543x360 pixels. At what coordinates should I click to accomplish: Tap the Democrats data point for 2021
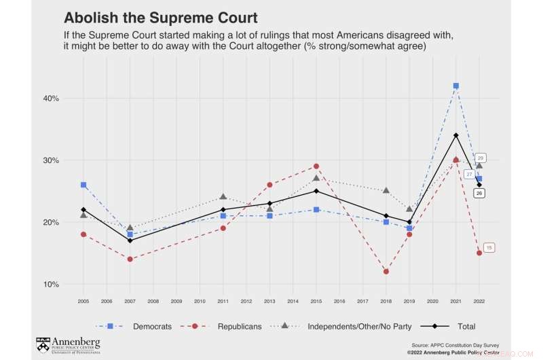point(456,86)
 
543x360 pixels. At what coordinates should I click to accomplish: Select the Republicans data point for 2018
point(386,272)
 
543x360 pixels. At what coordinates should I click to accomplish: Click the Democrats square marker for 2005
point(83,185)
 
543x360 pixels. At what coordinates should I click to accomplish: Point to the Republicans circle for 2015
point(316,166)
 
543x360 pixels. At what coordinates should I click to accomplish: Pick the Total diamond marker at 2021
point(456,135)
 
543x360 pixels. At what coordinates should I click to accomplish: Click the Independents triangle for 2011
point(223,197)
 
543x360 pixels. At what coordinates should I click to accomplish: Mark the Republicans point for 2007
point(130,259)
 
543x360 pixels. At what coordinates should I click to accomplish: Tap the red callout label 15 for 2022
point(489,248)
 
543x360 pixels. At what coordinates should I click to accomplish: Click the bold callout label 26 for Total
point(479,194)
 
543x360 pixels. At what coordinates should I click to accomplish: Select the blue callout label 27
point(469,175)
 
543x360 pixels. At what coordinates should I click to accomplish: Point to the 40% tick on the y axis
point(52,98)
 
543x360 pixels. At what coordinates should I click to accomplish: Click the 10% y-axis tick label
point(52,284)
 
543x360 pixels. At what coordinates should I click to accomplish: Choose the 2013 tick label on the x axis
point(269,300)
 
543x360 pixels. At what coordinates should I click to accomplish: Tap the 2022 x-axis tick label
point(479,300)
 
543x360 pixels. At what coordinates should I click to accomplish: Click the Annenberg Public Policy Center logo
point(68,344)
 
